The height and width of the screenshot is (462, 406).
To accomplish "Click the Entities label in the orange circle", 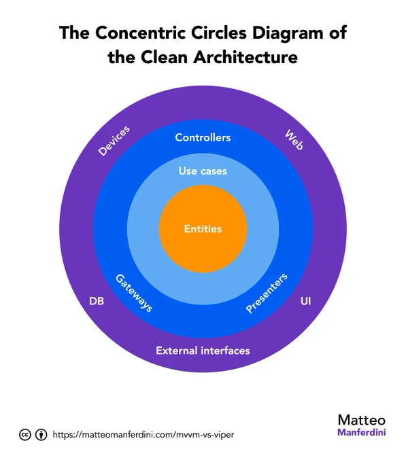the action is (x=203, y=229).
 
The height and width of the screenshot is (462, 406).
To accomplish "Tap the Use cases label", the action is (x=203, y=171).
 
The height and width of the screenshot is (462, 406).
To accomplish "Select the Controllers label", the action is (x=203, y=138).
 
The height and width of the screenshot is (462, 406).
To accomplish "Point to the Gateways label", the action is (x=134, y=293).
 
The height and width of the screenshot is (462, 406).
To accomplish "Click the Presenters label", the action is (x=267, y=293).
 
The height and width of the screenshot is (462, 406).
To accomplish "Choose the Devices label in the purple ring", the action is (x=114, y=141).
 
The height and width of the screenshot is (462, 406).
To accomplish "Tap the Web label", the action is (x=294, y=140).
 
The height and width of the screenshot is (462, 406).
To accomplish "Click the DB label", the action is (x=97, y=301).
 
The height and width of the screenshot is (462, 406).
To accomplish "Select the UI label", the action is (x=305, y=301).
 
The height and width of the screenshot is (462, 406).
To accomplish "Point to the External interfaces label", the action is (x=203, y=351).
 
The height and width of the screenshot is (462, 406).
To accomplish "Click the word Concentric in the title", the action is (x=141, y=33).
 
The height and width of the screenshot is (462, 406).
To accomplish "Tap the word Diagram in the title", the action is (x=288, y=33).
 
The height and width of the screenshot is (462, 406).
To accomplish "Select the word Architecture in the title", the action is (x=246, y=57).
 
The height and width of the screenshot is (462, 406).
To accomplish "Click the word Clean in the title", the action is (x=164, y=57).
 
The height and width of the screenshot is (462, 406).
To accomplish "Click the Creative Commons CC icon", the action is (x=25, y=435).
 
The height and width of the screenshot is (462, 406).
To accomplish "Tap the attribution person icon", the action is (x=41, y=435).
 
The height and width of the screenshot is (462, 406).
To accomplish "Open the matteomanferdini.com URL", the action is (x=143, y=435).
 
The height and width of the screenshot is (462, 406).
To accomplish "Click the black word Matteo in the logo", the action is (x=362, y=420).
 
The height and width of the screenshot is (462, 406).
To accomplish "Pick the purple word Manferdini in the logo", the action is (x=362, y=433).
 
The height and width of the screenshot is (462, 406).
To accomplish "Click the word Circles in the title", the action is (x=219, y=33).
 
